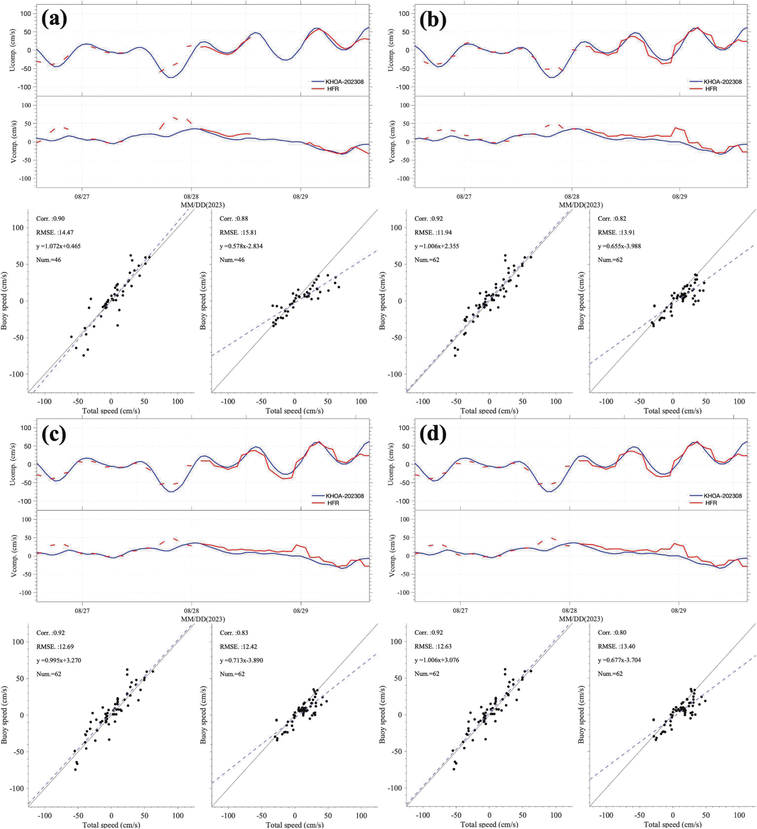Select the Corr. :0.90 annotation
coord(50,219)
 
